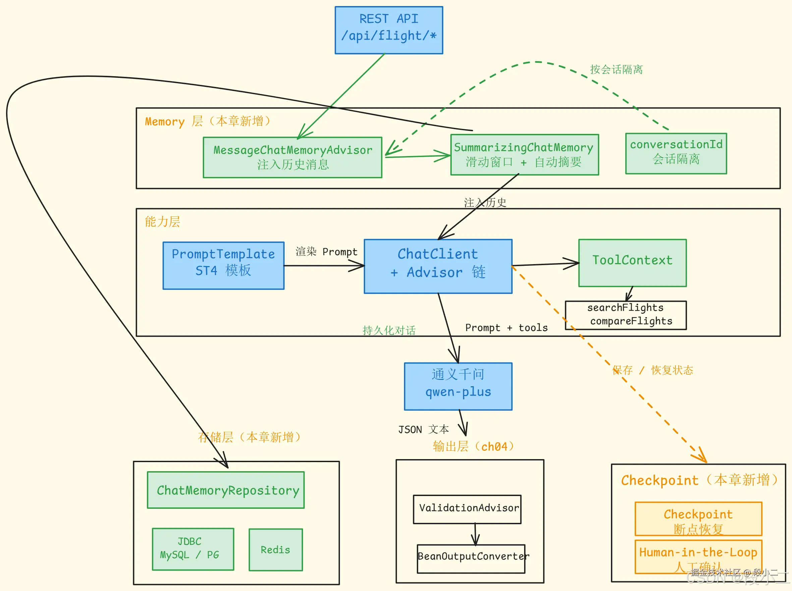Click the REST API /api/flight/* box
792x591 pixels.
389,31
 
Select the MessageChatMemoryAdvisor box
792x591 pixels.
292,157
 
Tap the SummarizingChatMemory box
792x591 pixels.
524,155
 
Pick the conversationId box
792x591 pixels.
676,153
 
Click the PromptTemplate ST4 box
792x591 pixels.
223,265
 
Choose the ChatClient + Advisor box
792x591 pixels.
438,266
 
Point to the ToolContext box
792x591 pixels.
632,263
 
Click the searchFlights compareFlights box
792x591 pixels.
625,315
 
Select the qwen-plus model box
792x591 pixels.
458,386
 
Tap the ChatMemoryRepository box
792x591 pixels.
226,490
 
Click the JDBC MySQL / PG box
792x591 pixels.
193,549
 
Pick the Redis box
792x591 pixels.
276,550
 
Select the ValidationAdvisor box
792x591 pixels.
467,509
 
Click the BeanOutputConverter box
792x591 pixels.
471,558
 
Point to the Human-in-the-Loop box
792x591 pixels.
698,556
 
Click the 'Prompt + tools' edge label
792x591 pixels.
506,328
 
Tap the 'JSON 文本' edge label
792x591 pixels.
423,429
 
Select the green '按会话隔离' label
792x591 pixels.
616,69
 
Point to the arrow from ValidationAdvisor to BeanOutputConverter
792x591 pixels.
475,535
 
